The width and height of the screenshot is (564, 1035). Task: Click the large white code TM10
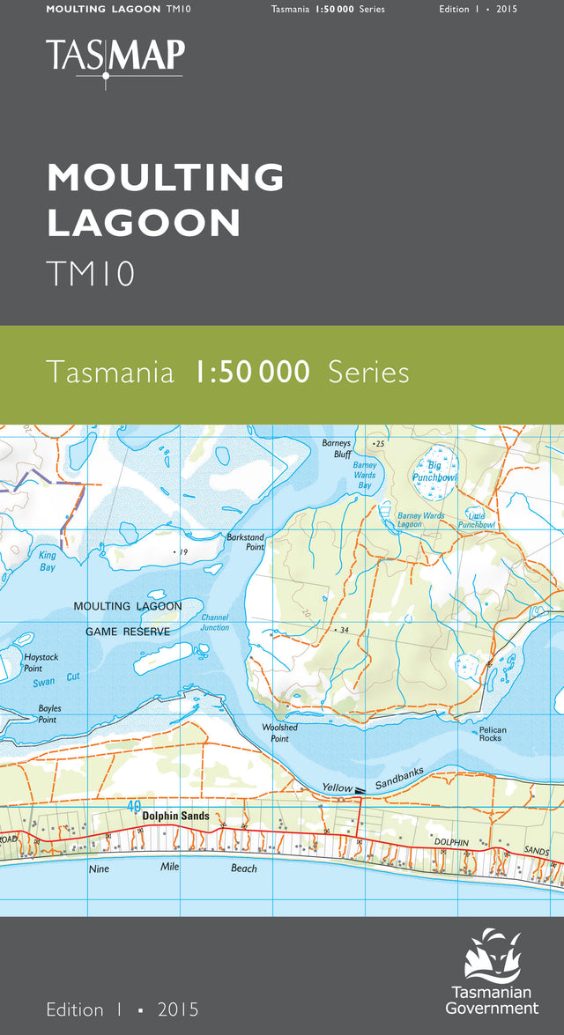pos(91,274)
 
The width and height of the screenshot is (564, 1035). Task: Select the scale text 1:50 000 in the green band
pos(252,373)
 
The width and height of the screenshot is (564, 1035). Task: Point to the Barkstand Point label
pos(245,542)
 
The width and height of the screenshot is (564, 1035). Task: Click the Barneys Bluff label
pos(337,448)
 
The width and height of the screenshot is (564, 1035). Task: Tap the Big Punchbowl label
pos(434,470)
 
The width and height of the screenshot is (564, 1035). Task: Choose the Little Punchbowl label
pos(477,520)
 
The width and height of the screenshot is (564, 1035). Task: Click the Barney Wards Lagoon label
pos(421,520)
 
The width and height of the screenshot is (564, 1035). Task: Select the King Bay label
pos(48,562)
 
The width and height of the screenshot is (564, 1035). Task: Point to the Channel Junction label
pos(215,622)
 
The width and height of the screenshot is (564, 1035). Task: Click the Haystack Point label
pos(40,663)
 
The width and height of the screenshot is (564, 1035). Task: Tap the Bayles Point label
pos(48,713)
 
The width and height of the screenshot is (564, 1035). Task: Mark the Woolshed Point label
pos(279,733)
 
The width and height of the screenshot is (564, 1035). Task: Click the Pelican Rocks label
pos(490,734)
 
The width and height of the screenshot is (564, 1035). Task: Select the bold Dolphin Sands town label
pos(176,816)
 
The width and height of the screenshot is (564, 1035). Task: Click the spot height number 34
pos(345,630)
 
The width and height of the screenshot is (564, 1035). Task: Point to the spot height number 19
pos(183,552)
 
